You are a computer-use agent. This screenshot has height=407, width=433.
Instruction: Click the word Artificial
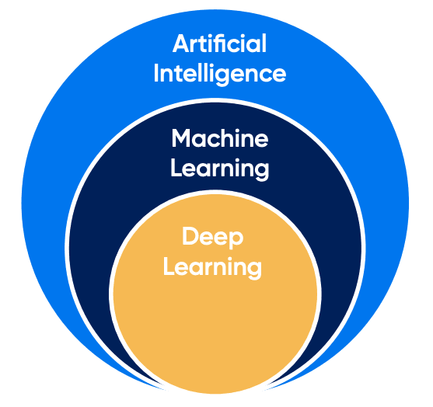click(219, 43)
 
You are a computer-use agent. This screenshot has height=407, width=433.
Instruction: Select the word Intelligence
click(219, 73)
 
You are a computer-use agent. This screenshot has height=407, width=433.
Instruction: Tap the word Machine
click(220, 138)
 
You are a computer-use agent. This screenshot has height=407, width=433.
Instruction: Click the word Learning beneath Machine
click(220, 169)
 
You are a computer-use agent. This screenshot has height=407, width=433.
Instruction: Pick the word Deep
click(213, 237)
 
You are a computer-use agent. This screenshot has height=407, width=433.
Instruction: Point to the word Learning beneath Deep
click(212, 267)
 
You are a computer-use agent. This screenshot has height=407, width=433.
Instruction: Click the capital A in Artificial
click(182, 43)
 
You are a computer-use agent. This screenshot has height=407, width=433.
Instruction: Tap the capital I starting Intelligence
click(156, 73)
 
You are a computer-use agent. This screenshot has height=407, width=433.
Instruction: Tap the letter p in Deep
click(236, 240)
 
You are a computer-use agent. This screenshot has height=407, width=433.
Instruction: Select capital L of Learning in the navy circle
click(177, 168)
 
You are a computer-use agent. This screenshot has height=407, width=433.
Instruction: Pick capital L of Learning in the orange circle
click(169, 266)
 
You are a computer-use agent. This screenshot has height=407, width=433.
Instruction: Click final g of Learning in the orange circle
click(254, 270)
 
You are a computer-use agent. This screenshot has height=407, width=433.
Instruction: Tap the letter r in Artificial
click(197, 46)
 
